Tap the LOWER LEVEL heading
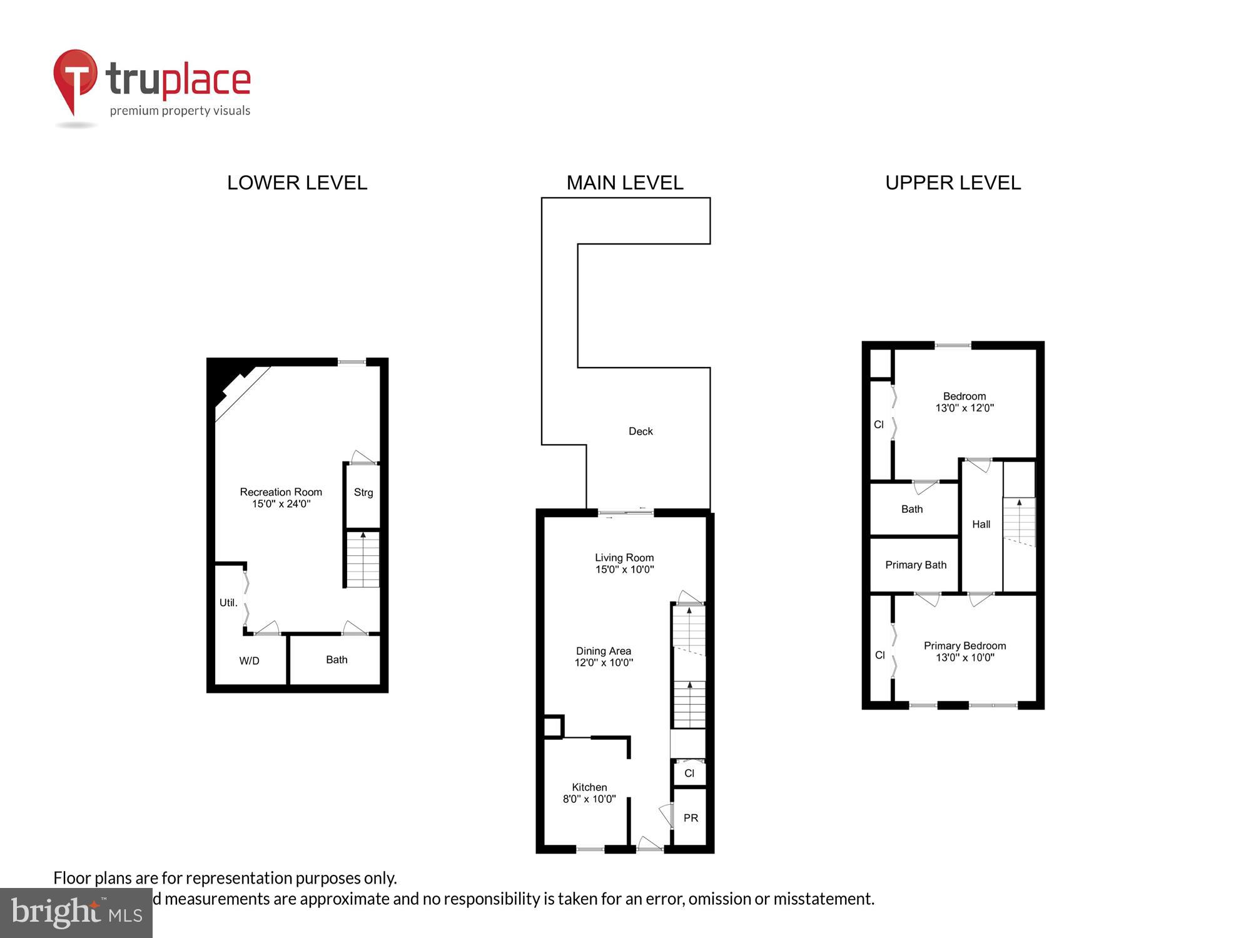click(x=297, y=183)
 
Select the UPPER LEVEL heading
click(x=953, y=183)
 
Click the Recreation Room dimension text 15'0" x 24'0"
click(x=281, y=504)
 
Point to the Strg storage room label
click(x=363, y=492)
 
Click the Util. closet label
click(x=228, y=603)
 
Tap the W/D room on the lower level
click(x=249, y=661)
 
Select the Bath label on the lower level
click(x=337, y=660)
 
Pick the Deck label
click(x=641, y=431)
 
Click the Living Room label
click(x=624, y=558)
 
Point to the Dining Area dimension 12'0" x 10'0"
click(x=604, y=663)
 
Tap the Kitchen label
click(x=589, y=787)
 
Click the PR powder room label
click(x=691, y=818)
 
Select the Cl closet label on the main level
click(x=689, y=774)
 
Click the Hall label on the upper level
click(x=981, y=525)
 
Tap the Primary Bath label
click(x=916, y=565)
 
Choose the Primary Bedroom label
click(x=965, y=646)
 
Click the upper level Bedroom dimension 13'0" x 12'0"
click(x=965, y=408)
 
